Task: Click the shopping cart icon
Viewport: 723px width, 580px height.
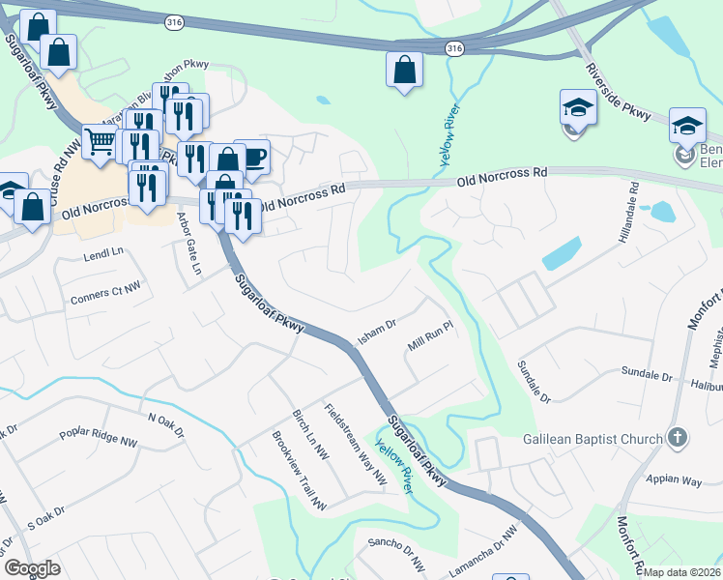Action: pyautogui.click(x=100, y=141)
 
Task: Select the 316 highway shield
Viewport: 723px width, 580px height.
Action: pyautogui.click(x=454, y=47)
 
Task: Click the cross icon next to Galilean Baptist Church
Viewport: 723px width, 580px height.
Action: pyautogui.click(x=678, y=437)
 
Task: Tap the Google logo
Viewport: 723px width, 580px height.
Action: pyautogui.click(x=32, y=567)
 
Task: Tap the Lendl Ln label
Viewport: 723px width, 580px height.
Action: pyautogui.click(x=105, y=252)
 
